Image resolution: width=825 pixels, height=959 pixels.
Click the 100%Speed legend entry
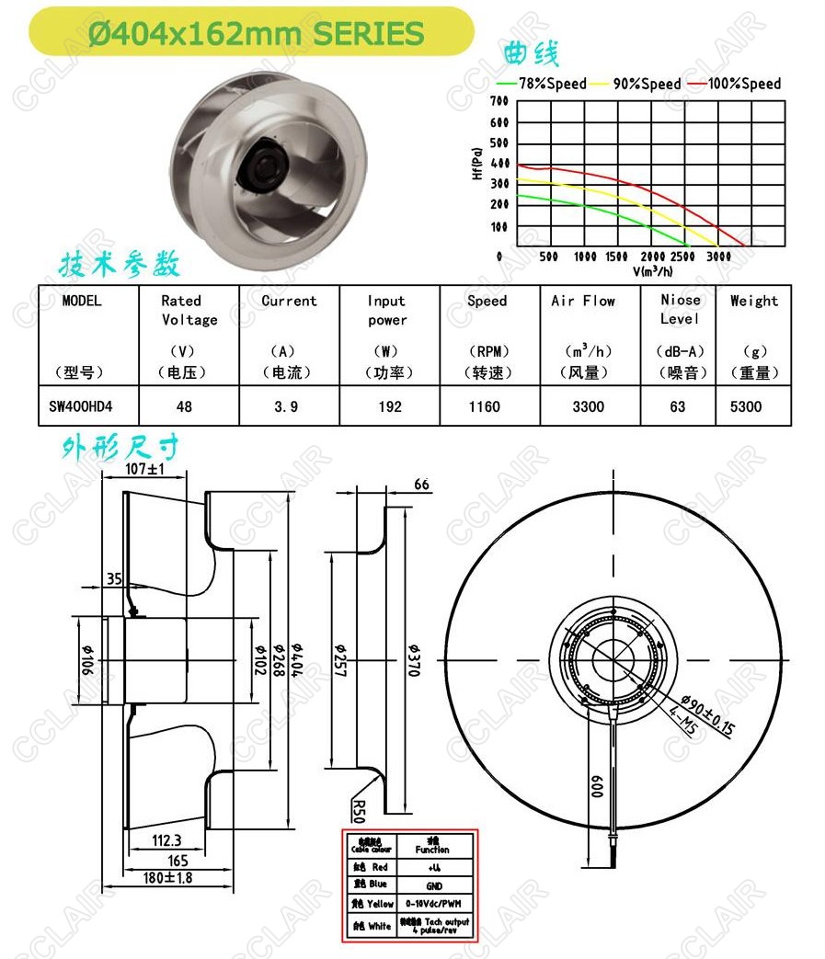click(744, 84)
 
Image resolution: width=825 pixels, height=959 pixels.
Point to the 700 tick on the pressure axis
click(499, 101)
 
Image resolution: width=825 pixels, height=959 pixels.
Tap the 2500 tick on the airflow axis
click(682, 257)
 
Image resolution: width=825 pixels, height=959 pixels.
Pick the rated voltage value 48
click(184, 406)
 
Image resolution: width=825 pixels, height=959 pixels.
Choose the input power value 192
click(390, 406)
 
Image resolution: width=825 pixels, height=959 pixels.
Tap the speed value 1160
click(484, 406)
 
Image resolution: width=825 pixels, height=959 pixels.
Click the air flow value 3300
click(588, 406)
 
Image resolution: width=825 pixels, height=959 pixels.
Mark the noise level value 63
click(678, 406)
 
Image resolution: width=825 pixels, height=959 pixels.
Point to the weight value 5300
click(746, 406)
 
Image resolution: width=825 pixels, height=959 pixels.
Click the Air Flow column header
click(583, 301)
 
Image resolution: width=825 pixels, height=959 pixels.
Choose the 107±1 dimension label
click(144, 469)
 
